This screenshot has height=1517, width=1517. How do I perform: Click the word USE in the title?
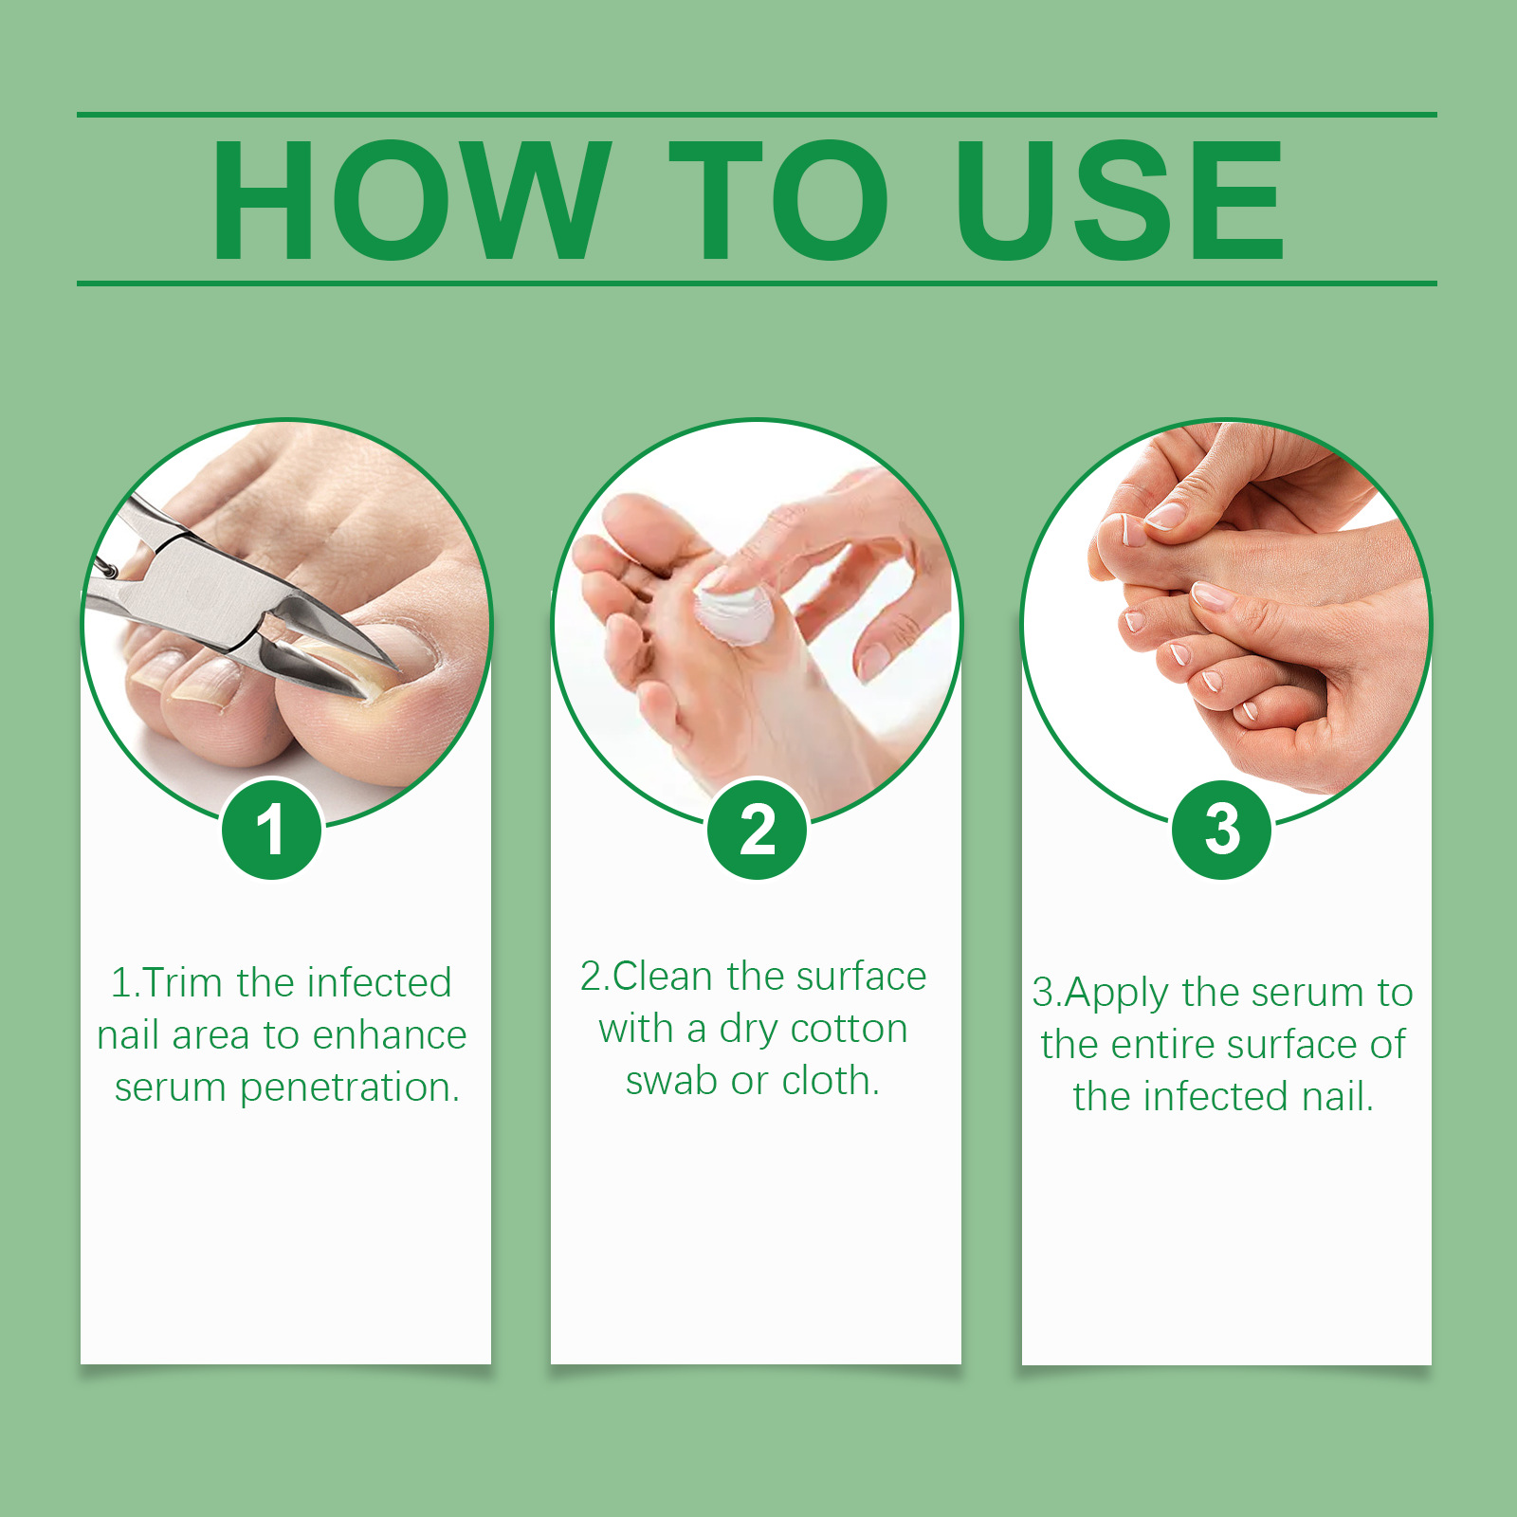click(1120, 199)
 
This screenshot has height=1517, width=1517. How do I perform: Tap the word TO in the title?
click(778, 199)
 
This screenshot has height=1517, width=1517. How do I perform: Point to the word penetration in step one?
click(350, 1088)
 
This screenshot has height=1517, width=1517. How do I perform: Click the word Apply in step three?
click(1116, 995)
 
